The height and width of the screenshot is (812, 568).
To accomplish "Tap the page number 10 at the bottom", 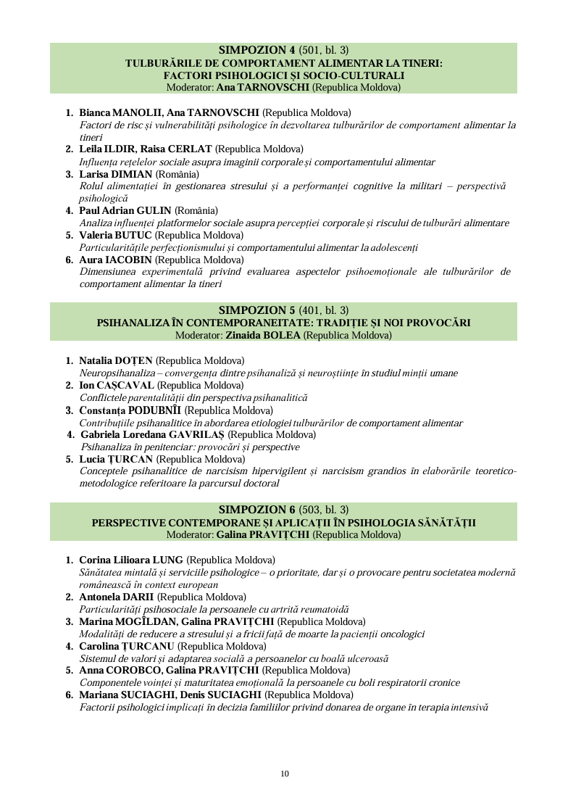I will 285,774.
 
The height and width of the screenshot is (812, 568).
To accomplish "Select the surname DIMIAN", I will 131,175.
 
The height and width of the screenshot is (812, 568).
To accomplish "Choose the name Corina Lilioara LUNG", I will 131,560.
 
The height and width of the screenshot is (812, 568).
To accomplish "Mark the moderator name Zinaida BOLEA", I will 253,335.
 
